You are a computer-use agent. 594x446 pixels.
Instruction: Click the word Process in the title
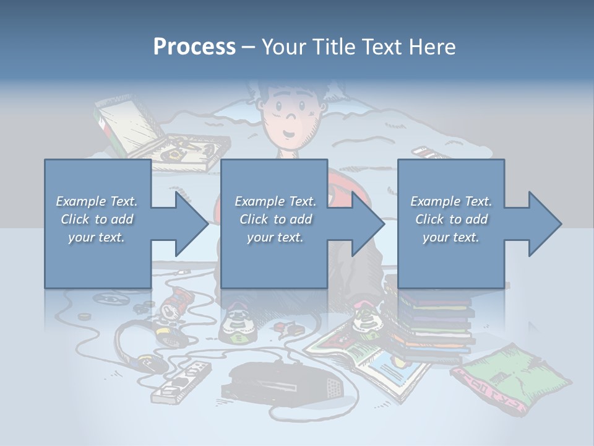(x=194, y=46)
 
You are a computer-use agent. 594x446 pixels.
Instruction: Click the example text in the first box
(x=97, y=219)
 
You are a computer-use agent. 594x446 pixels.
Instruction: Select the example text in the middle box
(x=275, y=219)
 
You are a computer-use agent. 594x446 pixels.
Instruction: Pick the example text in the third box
(x=451, y=219)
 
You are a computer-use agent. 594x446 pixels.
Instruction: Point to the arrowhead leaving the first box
(x=189, y=224)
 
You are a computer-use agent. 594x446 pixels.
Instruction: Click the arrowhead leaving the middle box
(x=366, y=224)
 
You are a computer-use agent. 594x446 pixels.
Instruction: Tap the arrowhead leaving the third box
(x=542, y=224)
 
